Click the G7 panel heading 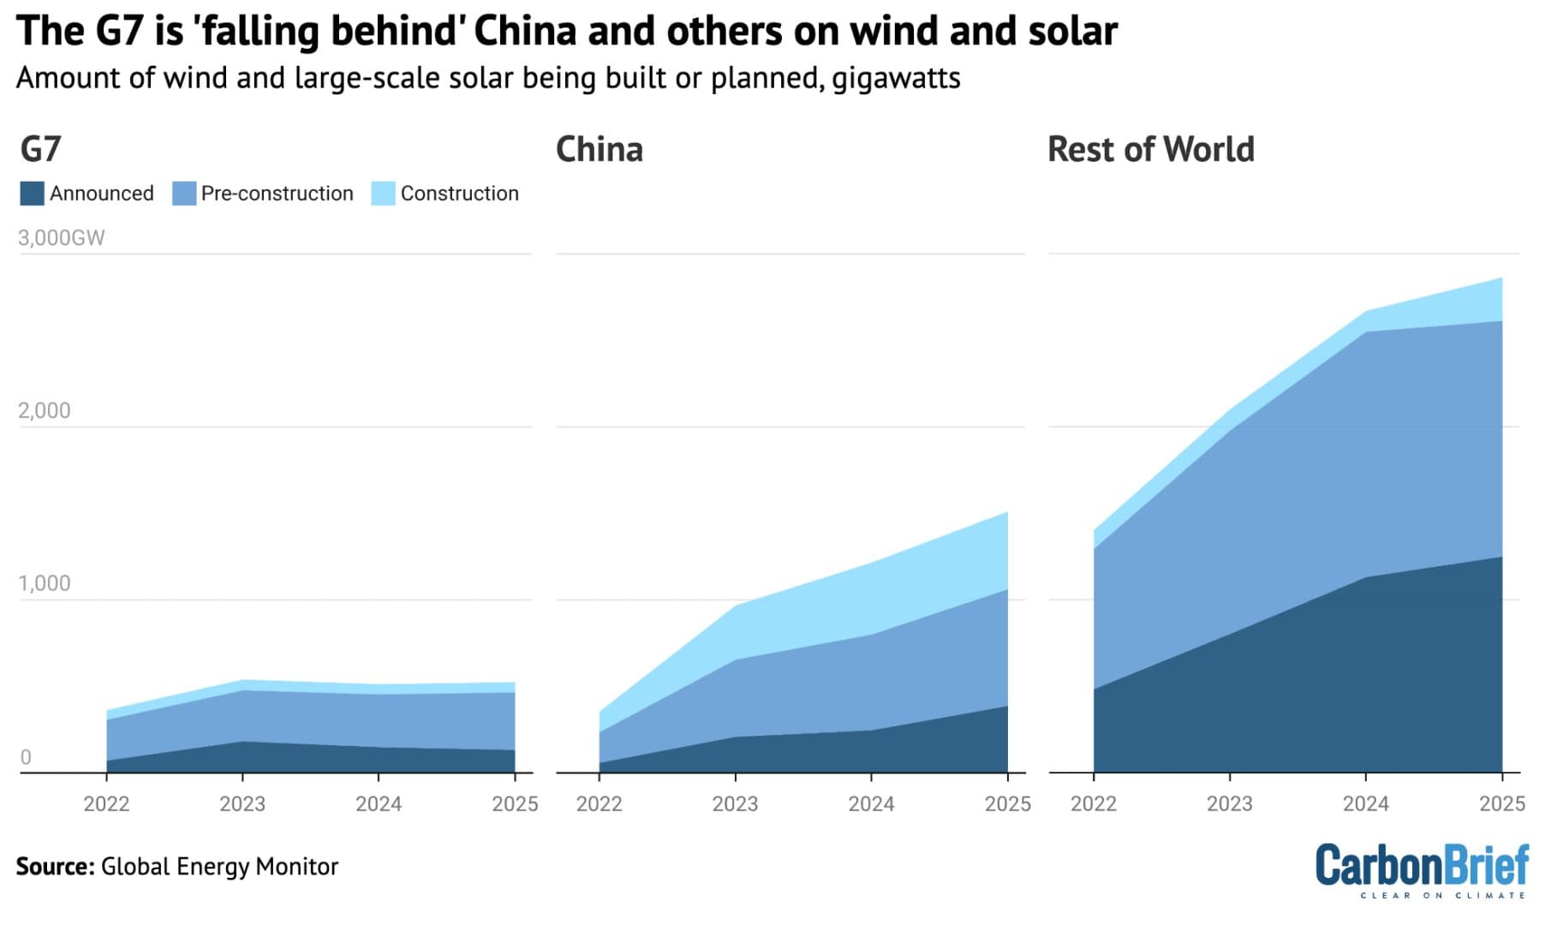coord(40,149)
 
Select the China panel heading coord(599,149)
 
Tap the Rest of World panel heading coord(1150,149)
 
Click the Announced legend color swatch coord(32,194)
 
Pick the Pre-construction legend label coord(277,194)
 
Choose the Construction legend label coord(459,194)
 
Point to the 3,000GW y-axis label coord(61,238)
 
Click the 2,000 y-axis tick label coord(45,411)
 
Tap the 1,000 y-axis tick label coord(45,584)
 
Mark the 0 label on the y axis coord(26,757)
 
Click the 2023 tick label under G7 coord(242,803)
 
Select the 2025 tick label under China coord(1007,803)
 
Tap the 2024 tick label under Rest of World coord(1365,803)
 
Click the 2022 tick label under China coord(599,803)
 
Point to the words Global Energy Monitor coord(219,867)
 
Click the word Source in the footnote coord(53,867)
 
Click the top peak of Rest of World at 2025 coord(1501,278)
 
